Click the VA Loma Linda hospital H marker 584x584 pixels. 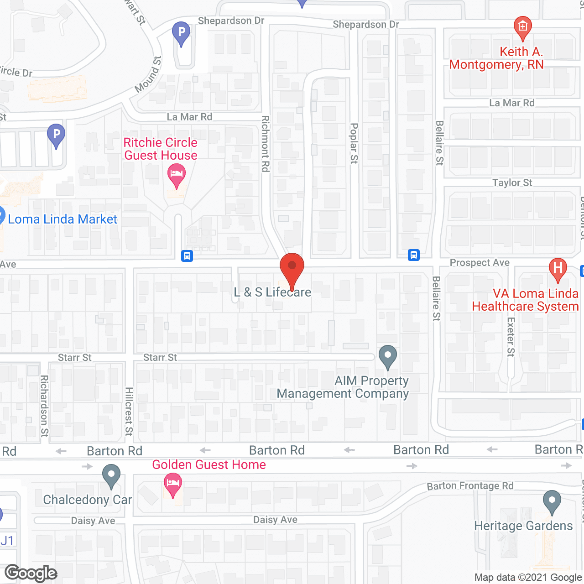(x=558, y=268)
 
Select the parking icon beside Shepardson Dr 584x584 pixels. (x=181, y=33)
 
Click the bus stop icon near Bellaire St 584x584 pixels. (x=414, y=255)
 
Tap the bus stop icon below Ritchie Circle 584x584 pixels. (x=187, y=255)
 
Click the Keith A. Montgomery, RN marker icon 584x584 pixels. (x=522, y=27)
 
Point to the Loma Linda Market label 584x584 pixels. (x=63, y=219)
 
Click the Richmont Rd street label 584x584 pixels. (x=265, y=144)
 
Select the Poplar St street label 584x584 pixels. (x=354, y=143)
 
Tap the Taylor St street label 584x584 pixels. (x=512, y=183)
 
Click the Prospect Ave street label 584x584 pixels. (x=480, y=263)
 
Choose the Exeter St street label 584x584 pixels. (x=511, y=337)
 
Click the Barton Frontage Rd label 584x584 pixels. (x=470, y=486)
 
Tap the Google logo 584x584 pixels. (x=31, y=573)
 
